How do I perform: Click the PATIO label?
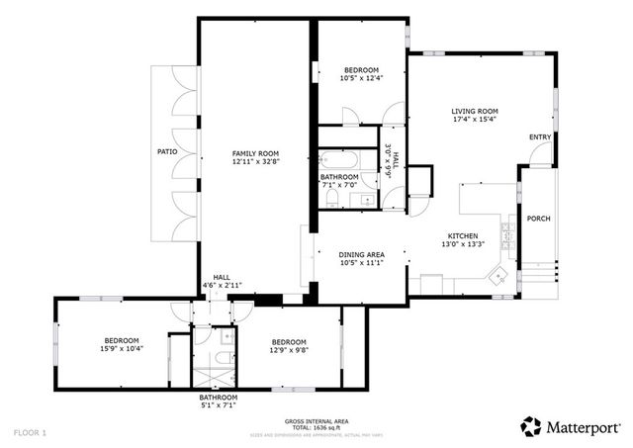[x=167, y=152]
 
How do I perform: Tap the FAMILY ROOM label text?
[x=255, y=153]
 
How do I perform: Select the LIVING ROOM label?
[x=474, y=111]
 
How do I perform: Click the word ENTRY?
[x=540, y=136]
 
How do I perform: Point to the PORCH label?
[x=538, y=219]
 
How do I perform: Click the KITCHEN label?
[x=460, y=236]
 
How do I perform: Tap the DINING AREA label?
[x=361, y=254]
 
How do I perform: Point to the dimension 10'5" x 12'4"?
[x=361, y=77]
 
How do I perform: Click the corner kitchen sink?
[x=501, y=275]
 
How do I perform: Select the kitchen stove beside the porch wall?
[x=507, y=237]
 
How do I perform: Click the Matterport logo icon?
[x=531, y=426]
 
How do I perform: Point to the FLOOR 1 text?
[x=30, y=432]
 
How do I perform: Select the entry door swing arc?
[x=541, y=153]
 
